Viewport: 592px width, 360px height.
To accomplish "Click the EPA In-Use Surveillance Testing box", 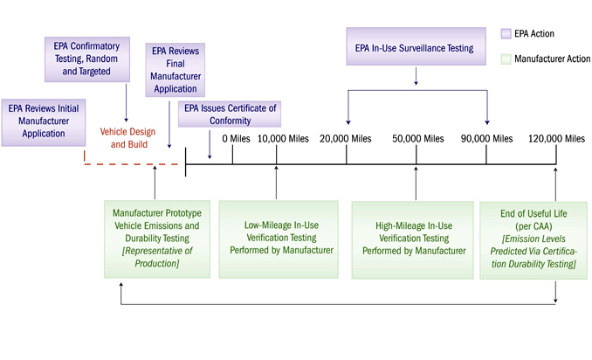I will click(x=415, y=49).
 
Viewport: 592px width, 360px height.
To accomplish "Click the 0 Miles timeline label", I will click(x=236, y=138).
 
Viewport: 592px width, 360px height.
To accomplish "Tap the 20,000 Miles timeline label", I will click(x=347, y=138).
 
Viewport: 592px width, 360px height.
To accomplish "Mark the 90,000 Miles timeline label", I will click(x=486, y=138).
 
